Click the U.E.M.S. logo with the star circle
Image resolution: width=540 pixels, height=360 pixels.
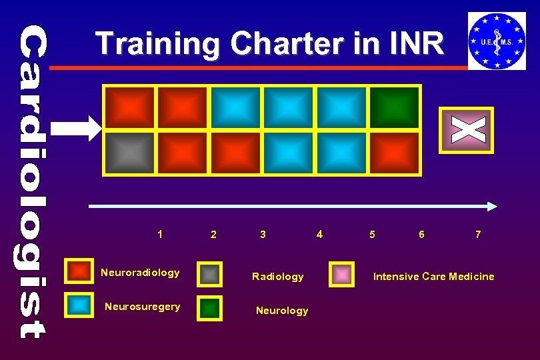coord(497,41)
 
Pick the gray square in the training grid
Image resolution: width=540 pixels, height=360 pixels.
coord(129,153)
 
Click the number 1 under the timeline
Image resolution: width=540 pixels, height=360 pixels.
coord(160,234)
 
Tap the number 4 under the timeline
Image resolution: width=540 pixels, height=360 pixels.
coord(320,234)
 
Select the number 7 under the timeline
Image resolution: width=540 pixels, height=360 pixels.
coord(478,234)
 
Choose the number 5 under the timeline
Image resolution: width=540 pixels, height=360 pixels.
coord(372,234)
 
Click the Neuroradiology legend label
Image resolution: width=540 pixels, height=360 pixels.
coord(140,272)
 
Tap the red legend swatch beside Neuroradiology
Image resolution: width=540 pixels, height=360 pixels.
coord(80,271)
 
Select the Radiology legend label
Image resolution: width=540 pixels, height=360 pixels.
coord(277,276)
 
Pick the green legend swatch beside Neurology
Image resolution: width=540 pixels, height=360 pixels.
coord(211,307)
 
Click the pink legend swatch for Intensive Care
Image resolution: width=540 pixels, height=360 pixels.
coord(343,274)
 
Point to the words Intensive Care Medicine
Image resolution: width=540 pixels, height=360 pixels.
coord(433,276)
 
